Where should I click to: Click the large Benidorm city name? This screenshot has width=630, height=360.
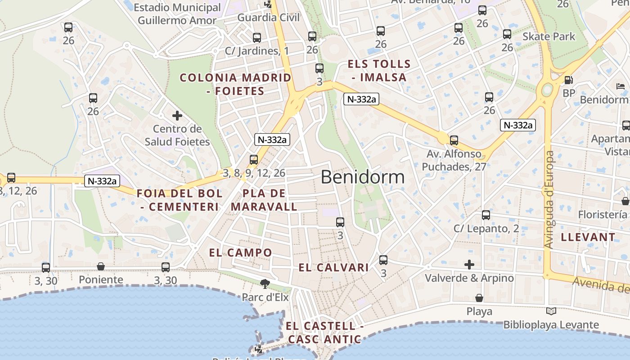[363, 177]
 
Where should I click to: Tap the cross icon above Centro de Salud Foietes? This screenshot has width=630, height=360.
[177, 116]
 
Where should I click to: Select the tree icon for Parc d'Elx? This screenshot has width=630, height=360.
[265, 283]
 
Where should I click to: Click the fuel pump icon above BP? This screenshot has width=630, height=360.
[569, 80]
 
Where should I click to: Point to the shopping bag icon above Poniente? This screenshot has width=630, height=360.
[101, 267]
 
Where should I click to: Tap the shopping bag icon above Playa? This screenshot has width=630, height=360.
[479, 298]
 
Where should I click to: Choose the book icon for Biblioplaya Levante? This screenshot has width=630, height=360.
[551, 311]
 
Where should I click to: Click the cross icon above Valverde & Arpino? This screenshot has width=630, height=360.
[469, 264]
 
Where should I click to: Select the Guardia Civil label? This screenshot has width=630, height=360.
[268, 18]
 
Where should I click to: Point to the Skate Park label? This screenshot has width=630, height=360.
[549, 36]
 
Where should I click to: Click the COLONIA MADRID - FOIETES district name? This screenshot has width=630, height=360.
[235, 84]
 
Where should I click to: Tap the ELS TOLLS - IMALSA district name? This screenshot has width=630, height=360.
[379, 71]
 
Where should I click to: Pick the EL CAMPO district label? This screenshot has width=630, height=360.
[241, 252]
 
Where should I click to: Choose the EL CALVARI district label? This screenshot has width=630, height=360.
[333, 268]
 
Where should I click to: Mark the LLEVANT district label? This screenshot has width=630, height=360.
[588, 237]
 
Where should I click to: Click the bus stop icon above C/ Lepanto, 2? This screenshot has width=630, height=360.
[486, 215]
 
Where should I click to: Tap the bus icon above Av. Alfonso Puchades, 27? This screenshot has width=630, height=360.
[454, 140]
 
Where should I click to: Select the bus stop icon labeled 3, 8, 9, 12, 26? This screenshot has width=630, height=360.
[254, 160]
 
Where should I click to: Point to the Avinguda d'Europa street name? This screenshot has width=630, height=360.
[549, 199]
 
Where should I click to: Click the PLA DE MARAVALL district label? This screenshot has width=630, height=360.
[264, 200]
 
